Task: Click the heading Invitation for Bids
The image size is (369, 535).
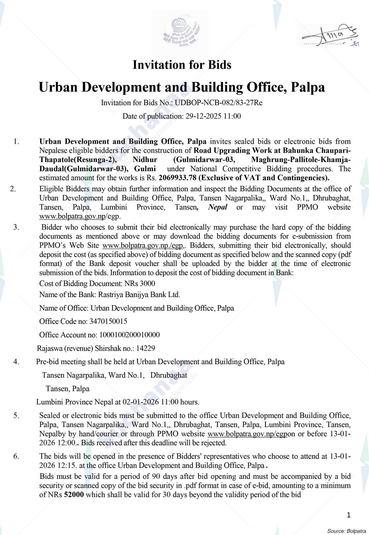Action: (182, 65)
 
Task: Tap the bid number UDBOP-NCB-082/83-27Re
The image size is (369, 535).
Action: (218, 103)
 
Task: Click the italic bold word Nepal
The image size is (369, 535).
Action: (218, 207)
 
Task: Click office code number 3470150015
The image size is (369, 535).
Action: (108, 321)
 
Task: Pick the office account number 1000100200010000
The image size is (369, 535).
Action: (129, 335)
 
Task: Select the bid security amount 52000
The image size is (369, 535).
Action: (74, 495)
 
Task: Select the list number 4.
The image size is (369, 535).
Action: (16, 362)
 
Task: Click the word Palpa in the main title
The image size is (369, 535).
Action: (308, 87)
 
